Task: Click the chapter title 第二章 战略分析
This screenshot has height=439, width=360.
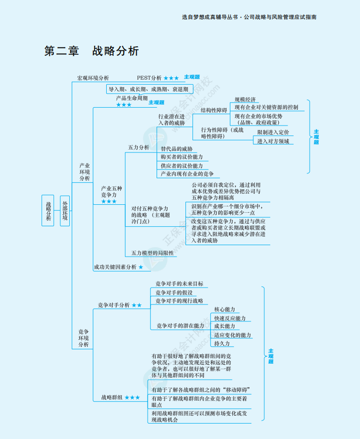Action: point(91,51)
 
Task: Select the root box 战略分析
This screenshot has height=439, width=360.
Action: point(48,210)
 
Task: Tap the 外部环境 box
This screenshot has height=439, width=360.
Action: point(65,210)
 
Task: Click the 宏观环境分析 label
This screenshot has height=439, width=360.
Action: point(93,78)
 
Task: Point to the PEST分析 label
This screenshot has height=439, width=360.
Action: point(149,78)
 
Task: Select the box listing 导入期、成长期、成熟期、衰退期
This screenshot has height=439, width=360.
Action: point(149,89)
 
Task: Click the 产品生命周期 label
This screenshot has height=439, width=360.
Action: point(132,98)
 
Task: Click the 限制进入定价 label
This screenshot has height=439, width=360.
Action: point(272,133)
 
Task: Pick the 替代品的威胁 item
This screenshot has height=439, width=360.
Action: point(177,149)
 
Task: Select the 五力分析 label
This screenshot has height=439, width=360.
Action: point(139,147)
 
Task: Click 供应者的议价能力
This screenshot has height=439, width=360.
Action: point(181,165)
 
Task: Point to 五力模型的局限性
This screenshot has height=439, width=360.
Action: point(152,253)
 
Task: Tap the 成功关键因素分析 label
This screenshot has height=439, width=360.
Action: point(115,267)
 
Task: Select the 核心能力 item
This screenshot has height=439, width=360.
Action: point(224,309)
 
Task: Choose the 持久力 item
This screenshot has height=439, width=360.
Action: point(222,344)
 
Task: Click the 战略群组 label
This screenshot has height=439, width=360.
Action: point(112,397)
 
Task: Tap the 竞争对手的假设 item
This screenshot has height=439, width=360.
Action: point(174,293)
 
